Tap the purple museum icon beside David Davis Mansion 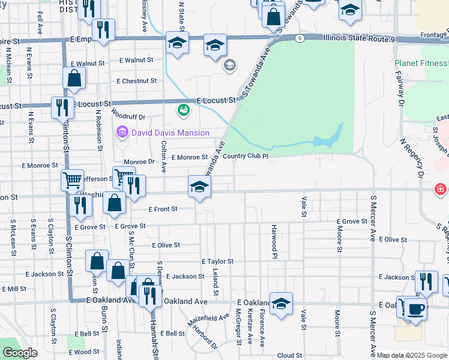tap(122, 132)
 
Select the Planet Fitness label tap(421, 63)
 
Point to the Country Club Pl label tap(245, 157)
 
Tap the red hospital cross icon tap(441, 190)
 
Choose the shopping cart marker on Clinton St tap(72, 179)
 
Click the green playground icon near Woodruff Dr tap(183, 110)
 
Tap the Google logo tap(20, 353)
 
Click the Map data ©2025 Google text tap(412, 355)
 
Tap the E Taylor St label tap(217, 262)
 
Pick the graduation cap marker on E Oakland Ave tap(280, 304)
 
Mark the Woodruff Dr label tap(128, 118)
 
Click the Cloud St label tap(289, 355)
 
